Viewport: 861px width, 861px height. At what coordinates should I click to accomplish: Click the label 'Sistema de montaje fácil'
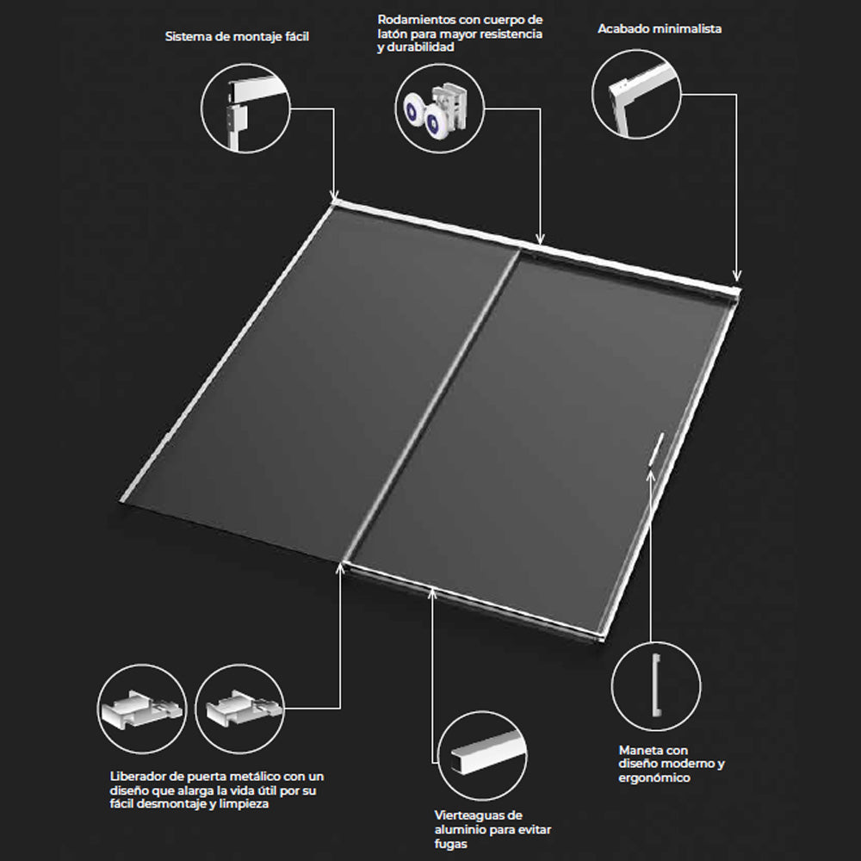click(x=237, y=37)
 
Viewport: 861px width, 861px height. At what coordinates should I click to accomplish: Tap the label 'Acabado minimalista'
click(x=660, y=28)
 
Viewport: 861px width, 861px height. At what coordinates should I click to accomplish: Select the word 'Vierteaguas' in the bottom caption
click(x=471, y=815)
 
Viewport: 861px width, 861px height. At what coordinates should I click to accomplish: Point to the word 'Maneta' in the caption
click(x=637, y=750)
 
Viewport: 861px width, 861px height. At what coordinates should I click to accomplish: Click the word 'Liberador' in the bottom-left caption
click(x=138, y=777)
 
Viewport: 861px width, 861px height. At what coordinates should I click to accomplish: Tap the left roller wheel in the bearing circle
click(x=412, y=110)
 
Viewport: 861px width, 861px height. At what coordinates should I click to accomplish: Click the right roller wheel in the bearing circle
click(x=435, y=121)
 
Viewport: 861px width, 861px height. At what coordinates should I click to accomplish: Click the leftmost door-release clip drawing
click(x=141, y=709)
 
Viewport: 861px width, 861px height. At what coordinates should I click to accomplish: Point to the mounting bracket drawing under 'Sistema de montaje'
click(x=250, y=108)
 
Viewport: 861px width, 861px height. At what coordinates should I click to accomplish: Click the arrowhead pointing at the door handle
click(x=650, y=474)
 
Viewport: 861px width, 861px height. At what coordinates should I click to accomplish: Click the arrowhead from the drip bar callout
click(x=433, y=592)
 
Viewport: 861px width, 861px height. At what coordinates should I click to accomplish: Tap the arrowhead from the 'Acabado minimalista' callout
click(x=737, y=276)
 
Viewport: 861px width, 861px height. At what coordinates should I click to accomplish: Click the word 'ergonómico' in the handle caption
click(x=654, y=778)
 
